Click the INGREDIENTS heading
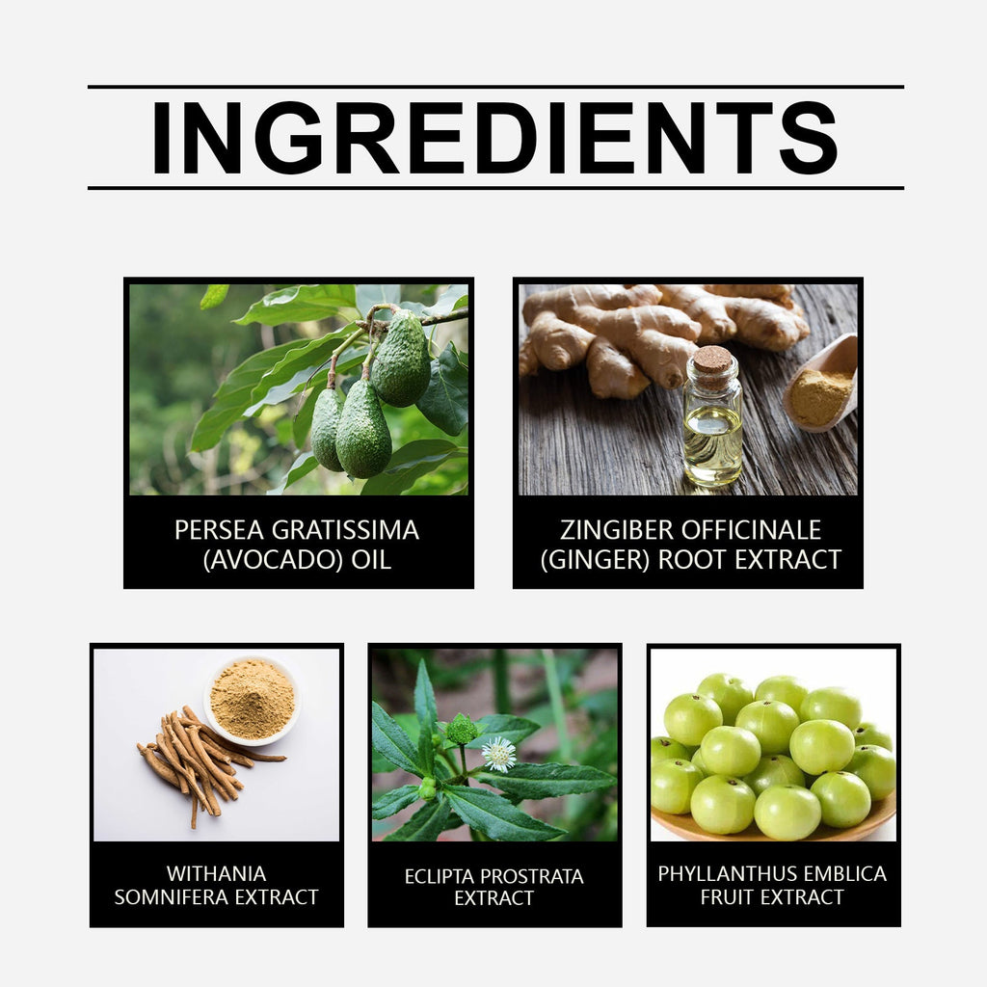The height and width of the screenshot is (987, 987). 494,138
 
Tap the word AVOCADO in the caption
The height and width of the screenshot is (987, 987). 273,560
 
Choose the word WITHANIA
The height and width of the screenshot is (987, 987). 216,873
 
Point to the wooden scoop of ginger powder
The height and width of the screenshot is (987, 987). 824,386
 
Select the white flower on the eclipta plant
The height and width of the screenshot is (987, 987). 498,754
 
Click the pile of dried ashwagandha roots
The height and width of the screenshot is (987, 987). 198,757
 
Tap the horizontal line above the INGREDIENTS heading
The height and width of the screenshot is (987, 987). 494,87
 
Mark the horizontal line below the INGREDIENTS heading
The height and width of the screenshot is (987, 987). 494,188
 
